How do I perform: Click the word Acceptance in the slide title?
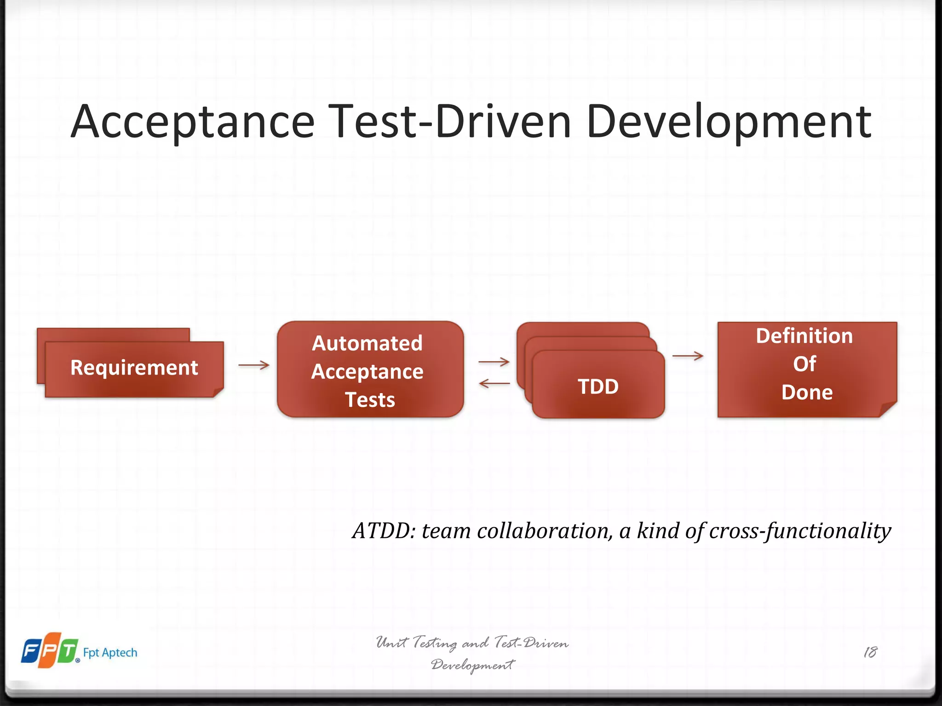click(x=192, y=121)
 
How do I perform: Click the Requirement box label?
click(x=134, y=368)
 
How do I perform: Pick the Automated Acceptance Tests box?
click(x=370, y=370)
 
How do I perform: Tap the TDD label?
click(x=598, y=387)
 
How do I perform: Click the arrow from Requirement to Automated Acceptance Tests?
click(x=254, y=365)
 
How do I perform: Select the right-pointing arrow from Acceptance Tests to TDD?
click(x=494, y=362)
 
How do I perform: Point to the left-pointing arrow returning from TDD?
click(x=494, y=383)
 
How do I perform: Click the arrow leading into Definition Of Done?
click(x=688, y=355)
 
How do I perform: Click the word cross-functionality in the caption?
click(x=800, y=531)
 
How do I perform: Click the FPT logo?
click(x=50, y=650)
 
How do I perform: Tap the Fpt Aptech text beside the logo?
click(x=110, y=653)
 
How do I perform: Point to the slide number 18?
click(x=870, y=652)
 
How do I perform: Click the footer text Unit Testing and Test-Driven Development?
click(x=472, y=653)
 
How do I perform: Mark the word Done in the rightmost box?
click(x=807, y=393)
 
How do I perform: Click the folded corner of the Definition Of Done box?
click(x=888, y=409)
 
